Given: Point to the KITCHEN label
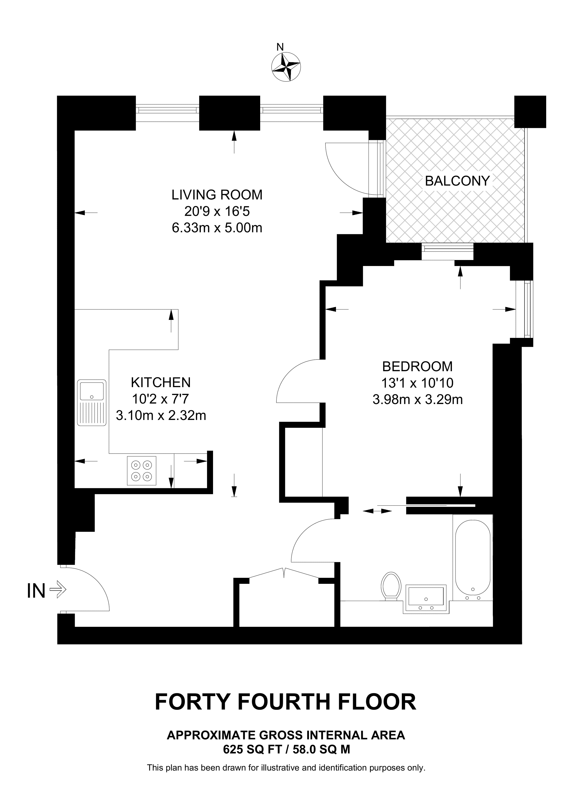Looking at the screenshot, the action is [161, 382].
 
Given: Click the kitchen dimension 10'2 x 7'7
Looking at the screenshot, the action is [161, 399].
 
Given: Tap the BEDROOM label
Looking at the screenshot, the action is [417, 366].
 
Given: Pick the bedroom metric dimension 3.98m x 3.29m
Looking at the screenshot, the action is [418, 399].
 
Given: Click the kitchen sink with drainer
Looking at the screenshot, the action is [92, 403].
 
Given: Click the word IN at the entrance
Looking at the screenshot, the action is [36, 591].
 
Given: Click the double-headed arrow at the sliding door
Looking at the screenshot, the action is [377, 511].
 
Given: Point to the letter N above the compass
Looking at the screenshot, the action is [280, 47].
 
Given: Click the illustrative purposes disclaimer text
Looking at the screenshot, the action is [286, 767].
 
